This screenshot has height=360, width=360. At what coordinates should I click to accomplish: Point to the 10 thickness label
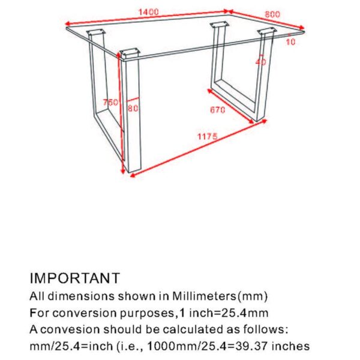pos(290,42)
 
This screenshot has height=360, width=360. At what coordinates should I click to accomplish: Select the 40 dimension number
pos(260,62)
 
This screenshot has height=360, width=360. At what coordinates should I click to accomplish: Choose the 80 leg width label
pos(133,109)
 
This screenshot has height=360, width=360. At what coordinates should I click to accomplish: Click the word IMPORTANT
pos(75,278)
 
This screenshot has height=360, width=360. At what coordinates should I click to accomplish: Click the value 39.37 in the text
pos(254,347)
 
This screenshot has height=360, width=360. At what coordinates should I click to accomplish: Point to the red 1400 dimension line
pos(147,18)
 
